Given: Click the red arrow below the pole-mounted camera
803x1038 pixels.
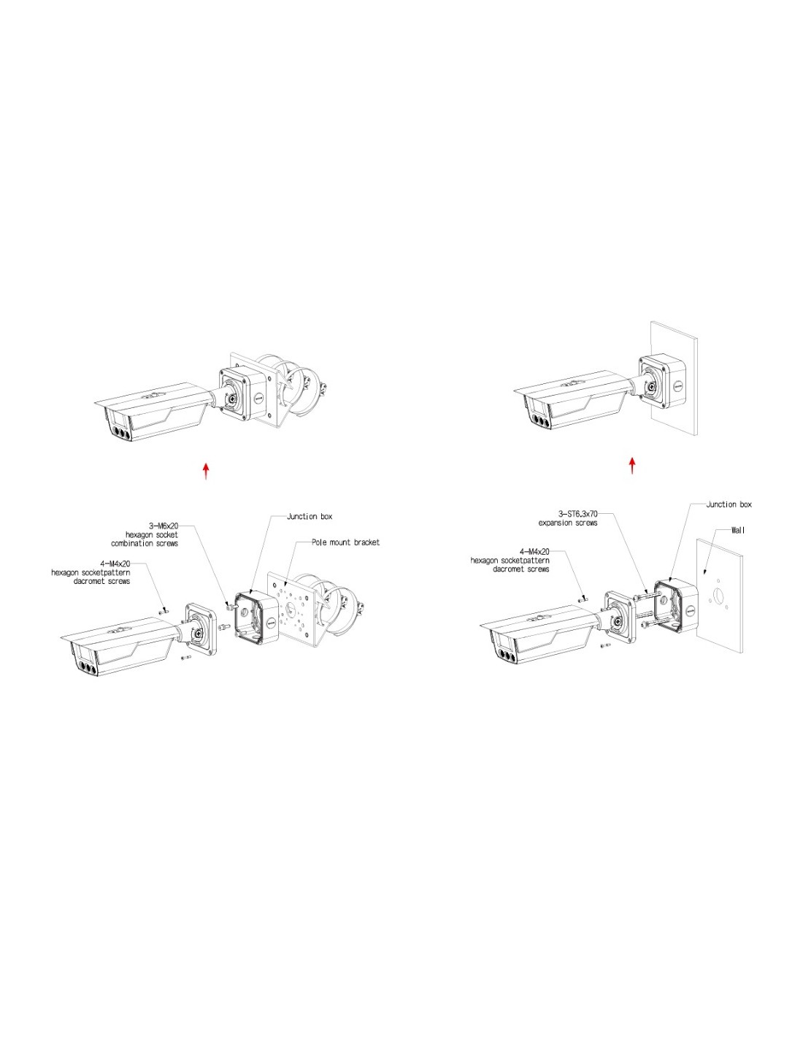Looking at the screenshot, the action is pyautogui.click(x=206, y=471).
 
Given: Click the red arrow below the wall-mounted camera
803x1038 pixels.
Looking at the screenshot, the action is pyautogui.click(x=632, y=466).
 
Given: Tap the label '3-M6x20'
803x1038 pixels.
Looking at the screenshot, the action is pyautogui.click(x=164, y=526).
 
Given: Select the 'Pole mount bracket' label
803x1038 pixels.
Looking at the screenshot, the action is pyautogui.click(x=345, y=542).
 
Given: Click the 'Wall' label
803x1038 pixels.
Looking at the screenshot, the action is pyautogui.click(x=738, y=530).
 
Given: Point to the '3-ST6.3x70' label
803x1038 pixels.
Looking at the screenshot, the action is pyautogui.click(x=578, y=514).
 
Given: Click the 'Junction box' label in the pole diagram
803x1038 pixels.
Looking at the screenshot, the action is pyautogui.click(x=309, y=516).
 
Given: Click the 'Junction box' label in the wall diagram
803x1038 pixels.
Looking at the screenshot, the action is pyautogui.click(x=729, y=504).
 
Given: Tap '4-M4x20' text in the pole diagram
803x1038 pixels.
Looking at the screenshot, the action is pyautogui.click(x=115, y=564).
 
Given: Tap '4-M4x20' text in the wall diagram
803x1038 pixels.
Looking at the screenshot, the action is pyautogui.click(x=534, y=552).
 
